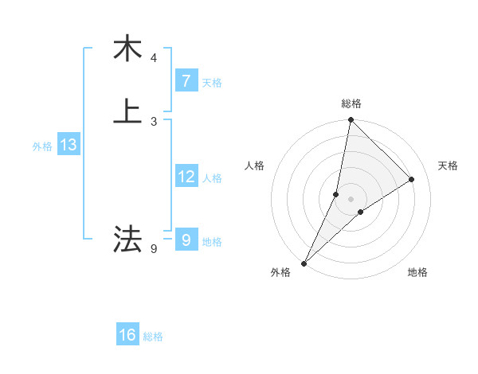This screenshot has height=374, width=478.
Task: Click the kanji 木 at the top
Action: click(127, 49)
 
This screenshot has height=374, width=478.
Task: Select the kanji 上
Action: click(127, 111)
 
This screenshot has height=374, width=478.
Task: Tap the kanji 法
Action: click(127, 239)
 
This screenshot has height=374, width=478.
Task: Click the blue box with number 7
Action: click(186, 81)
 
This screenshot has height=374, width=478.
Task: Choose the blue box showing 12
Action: click(186, 177)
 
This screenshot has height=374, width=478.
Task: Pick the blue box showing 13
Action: click(68, 146)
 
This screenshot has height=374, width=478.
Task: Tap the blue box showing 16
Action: click(127, 335)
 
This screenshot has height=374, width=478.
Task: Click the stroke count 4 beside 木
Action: click(154, 58)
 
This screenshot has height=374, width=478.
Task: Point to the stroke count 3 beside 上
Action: click(154, 121)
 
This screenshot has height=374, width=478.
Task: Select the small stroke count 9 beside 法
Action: click(154, 249)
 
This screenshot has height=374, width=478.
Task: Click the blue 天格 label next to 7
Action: click(212, 83)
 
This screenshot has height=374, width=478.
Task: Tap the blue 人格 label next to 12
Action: click(213, 178)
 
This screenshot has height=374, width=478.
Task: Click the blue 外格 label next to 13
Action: click(42, 146)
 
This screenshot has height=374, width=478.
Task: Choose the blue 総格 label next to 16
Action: click(153, 337)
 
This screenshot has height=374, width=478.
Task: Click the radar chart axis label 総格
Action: click(351, 103)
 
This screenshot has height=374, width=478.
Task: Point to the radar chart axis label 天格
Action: click(448, 166)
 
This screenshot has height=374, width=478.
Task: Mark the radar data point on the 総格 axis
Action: click(351, 120)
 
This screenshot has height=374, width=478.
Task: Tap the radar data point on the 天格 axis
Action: click(412, 179)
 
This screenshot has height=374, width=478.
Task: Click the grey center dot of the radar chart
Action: click(351, 199)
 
